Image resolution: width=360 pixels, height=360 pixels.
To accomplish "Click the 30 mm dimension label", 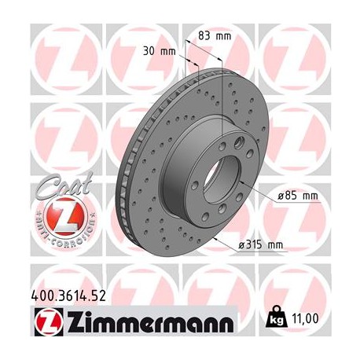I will [157, 51].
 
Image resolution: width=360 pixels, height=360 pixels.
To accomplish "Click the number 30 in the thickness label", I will [149, 51].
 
